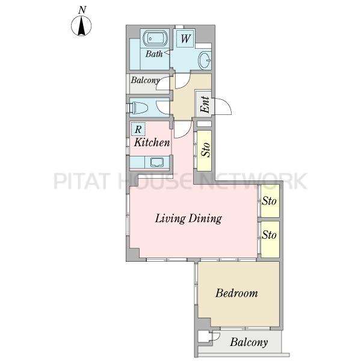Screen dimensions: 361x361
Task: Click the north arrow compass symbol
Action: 81,26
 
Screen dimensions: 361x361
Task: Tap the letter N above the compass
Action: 82,10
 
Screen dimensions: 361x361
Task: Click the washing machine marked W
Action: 185,39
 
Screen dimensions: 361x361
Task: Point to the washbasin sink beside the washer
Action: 205,60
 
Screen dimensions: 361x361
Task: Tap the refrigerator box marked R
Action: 138,129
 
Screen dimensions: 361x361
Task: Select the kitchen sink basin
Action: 156,162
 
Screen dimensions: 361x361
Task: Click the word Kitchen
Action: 152,142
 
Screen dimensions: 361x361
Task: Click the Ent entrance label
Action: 205,105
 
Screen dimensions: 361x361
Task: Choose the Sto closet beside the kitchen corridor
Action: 204,151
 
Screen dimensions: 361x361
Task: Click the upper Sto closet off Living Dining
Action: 270,201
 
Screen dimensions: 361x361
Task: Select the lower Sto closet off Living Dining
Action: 270,239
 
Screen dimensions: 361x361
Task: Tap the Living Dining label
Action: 188,218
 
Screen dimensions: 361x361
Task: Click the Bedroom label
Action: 236,293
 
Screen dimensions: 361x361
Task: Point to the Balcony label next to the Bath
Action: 145,81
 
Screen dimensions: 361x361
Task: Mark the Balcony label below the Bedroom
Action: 249,342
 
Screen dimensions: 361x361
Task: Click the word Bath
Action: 154,54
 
